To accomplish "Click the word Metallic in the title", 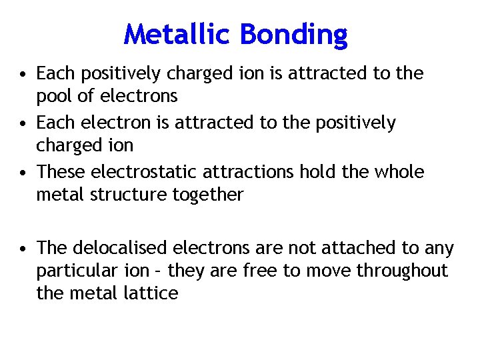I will (176, 33).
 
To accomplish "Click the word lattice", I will (145, 293).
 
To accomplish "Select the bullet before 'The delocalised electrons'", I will (23, 249).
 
